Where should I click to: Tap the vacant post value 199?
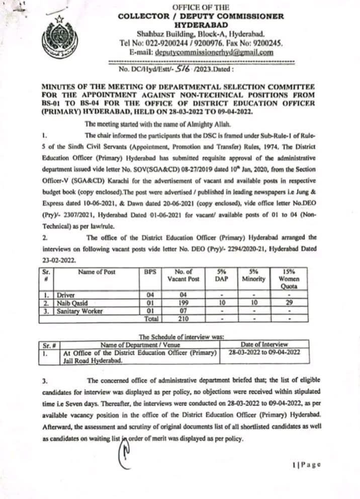pos(183,303)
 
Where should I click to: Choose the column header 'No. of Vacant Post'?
pos(183,275)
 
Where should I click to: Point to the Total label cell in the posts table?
pos(150,318)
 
